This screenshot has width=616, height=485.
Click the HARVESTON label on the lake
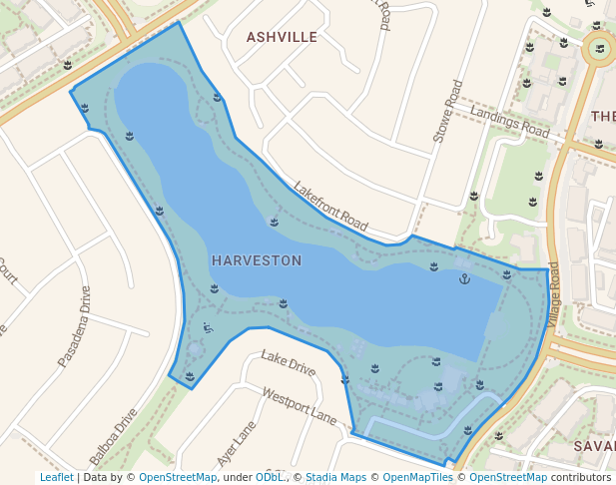pyautogui.click(x=257, y=260)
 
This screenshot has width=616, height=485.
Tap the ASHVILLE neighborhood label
pyautogui.click(x=282, y=37)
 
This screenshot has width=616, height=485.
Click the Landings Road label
pyautogui.click(x=510, y=124)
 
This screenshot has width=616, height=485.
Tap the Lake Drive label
pyautogui.click(x=288, y=363)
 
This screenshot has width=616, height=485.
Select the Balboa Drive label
pyautogui.click(x=113, y=437)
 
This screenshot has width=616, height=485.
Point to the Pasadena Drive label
pyautogui.click(x=74, y=325)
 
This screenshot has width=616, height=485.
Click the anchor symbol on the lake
pyautogui.click(x=463, y=278)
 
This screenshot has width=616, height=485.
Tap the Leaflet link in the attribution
pyautogui.click(x=56, y=478)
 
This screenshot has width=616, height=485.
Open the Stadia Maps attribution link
pyautogui.click(x=335, y=478)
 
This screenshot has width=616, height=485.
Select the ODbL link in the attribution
pyautogui.click(x=270, y=478)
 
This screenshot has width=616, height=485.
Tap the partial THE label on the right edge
pyautogui.click(x=603, y=117)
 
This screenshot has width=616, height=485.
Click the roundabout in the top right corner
pyautogui.click(x=599, y=49)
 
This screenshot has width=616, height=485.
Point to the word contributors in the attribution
pyautogui.click(x=581, y=478)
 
